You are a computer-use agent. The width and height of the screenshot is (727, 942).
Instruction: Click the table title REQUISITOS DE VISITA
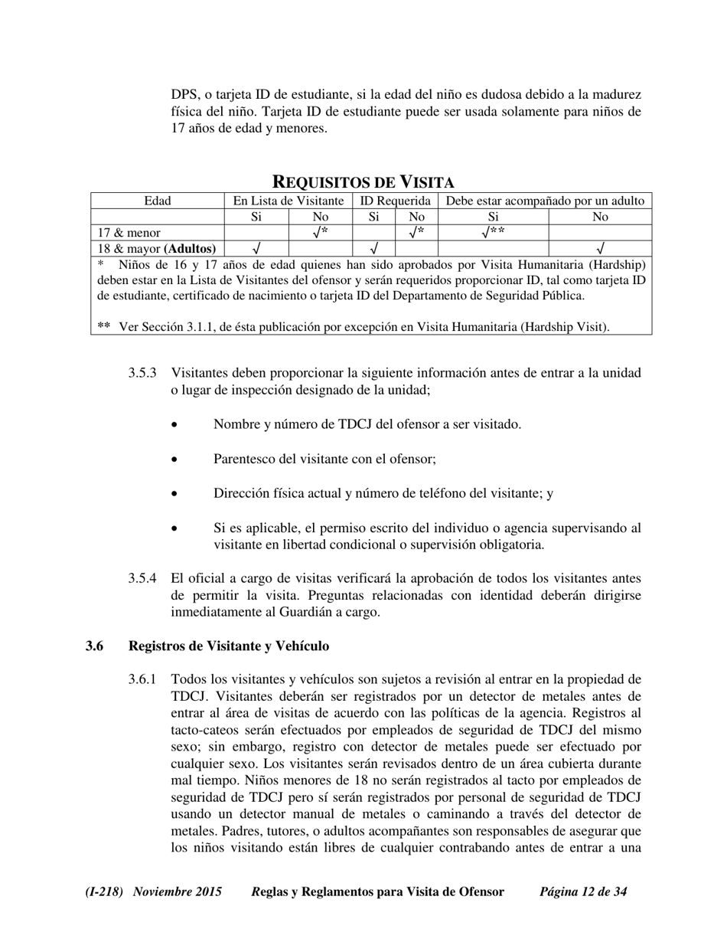(x=363, y=182)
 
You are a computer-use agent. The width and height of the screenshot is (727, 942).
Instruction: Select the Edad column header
(x=158, y=201)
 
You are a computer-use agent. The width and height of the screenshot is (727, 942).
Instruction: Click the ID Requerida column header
(x=395, y=201)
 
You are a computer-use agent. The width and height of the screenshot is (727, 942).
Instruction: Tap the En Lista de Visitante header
(x=288, y=201)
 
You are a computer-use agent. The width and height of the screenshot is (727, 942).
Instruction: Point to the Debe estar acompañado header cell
(x=545, y=201)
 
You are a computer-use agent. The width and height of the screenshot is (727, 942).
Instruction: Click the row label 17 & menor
(x=129, y=232)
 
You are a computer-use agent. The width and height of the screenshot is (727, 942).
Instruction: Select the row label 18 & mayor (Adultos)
(x=157, y=248)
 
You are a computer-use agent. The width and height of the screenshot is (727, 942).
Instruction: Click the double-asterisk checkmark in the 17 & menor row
(x=494, y=231)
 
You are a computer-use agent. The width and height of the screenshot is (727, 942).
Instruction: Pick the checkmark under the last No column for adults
(x=600, y=248)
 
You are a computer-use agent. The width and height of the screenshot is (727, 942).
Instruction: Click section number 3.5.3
(x=142, y=373)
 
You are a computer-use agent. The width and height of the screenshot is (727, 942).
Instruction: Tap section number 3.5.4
(x=142, y=578)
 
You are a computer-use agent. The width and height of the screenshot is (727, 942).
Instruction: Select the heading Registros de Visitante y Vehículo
(x=229, y=646)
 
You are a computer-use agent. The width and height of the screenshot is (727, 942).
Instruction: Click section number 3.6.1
(x=142, y=679)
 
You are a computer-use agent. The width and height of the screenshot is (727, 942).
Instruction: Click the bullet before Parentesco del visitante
(x=175, y=460)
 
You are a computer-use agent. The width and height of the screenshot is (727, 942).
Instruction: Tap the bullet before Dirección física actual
(x=175, y=494)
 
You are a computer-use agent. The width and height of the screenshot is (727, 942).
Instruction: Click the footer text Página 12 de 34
(x=583, y=891)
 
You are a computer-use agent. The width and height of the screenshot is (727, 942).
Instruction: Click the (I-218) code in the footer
(x=105, y=891)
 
